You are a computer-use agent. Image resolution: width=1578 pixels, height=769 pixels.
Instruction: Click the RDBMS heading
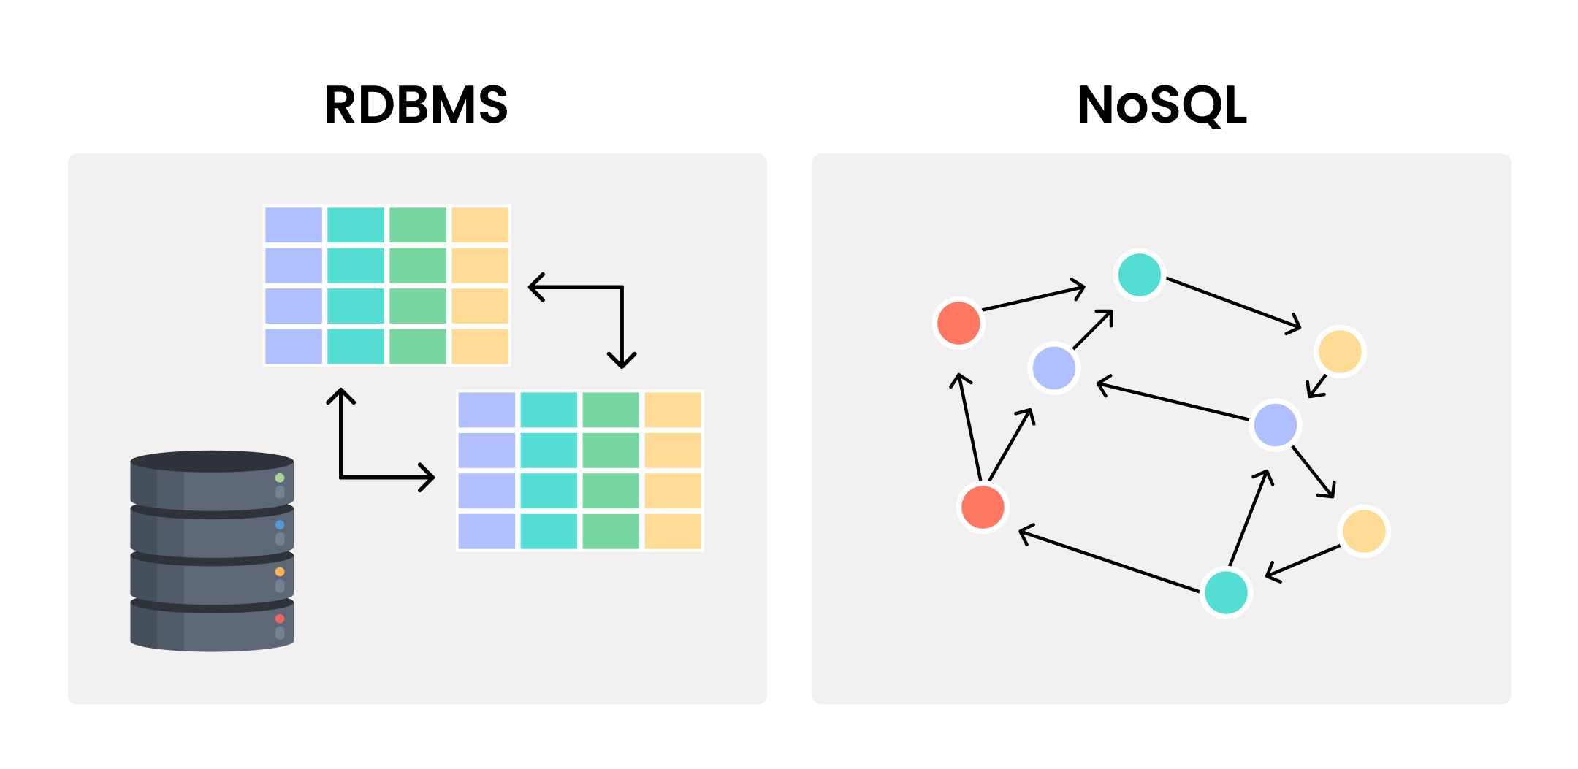[416, 105]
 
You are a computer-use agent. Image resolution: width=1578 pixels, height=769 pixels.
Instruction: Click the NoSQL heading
[1162, 105]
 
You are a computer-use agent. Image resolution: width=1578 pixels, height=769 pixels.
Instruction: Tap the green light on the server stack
[280, 478]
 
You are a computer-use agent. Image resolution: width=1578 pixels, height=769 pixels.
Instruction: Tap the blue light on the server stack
[280, 524]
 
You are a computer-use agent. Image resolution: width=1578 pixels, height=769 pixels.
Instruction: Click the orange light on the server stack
[280, 572]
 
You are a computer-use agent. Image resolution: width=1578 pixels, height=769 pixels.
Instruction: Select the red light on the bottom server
[280, 619]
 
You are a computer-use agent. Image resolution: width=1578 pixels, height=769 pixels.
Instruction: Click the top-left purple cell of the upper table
[294, 225]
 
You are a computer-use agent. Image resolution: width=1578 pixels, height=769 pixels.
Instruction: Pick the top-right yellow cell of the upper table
[480, 225]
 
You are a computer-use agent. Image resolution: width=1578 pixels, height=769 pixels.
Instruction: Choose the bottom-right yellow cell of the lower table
[673, 531]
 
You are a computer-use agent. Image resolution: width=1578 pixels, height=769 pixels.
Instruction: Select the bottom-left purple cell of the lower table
[487, 531]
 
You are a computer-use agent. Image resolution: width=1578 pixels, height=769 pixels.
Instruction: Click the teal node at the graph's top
[1140, 275]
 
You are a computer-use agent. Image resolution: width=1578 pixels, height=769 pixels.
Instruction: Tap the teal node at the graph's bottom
[1226, 592]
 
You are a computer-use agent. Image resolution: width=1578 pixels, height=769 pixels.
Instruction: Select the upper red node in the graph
[958, 322]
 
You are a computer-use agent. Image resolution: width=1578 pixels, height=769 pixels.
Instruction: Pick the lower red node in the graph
[983, 507]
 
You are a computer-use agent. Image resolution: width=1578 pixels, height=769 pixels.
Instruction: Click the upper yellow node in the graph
[1340, 351]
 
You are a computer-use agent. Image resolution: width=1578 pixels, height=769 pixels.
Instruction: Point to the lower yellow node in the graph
[1364, 531]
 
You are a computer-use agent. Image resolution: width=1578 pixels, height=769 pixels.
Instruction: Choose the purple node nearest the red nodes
[1053, 368]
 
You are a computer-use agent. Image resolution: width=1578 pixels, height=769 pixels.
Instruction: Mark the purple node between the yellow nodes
[1276, 424]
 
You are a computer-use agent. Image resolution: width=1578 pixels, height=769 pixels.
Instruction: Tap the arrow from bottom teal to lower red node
[1110, 561]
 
